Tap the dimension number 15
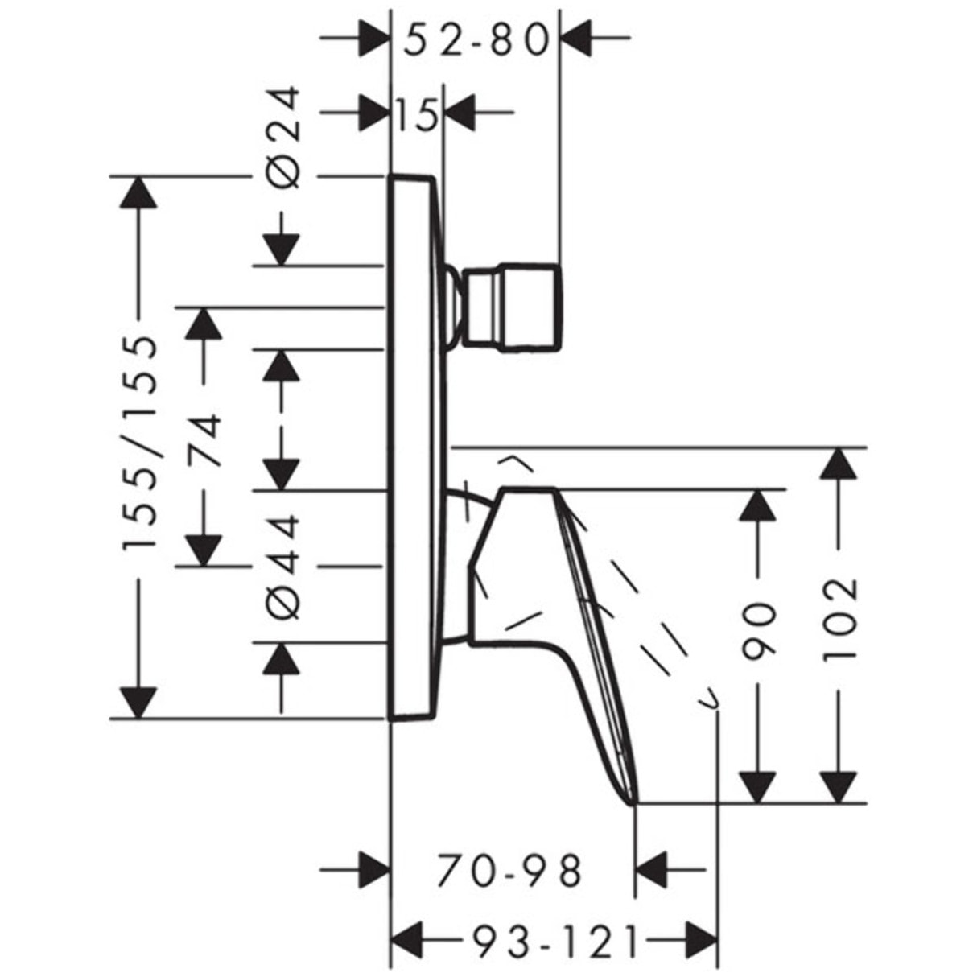(x=416, y=115)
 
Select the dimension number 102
(x=840, y=618)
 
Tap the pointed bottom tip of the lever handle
(x=634, y=802)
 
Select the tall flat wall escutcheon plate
(x=415, y=447)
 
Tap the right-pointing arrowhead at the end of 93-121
(x=699, y=939)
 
